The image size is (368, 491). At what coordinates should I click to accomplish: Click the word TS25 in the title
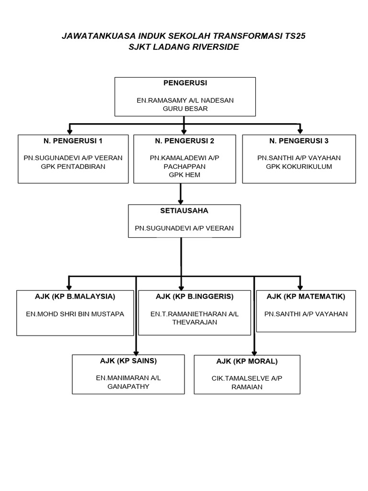tap(293, 36)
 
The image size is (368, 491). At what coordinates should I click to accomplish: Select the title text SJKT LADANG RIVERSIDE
tap(184, 47)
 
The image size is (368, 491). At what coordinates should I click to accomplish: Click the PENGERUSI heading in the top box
tap(185, 83)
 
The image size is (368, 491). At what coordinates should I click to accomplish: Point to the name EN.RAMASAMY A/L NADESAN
tap(185, 100)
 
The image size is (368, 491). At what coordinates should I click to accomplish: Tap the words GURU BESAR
tap(185, 109)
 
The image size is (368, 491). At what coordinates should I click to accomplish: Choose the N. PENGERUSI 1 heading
tap(73, 141)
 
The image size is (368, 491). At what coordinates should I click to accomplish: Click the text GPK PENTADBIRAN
tap(73, 166)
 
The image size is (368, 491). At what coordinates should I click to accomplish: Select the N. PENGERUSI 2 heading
tap(184, 141)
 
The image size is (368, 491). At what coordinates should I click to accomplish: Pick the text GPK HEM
tap(184, 175)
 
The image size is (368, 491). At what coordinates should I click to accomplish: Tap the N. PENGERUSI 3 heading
tap(299, 141)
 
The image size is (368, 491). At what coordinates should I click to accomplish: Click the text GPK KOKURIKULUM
tap(299, 166)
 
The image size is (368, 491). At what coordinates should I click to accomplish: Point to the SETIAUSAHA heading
tap(184, 210)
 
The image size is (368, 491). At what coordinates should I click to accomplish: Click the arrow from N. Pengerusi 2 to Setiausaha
tap(181, 194)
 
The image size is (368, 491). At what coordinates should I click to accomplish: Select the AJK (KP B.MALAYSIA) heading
tap(75, 296)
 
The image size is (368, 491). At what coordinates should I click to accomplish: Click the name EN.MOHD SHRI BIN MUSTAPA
tap(75, 314)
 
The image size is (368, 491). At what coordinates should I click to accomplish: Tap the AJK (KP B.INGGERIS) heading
tap(195, 296)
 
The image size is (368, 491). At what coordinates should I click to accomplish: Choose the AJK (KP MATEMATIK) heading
tap(306, 296)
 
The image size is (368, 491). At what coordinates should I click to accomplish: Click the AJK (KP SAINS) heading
tap(128, 361)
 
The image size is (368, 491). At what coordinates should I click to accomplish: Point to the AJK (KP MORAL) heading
tap(247, 361)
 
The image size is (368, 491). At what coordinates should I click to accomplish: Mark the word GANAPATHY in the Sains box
tap(128, 386)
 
